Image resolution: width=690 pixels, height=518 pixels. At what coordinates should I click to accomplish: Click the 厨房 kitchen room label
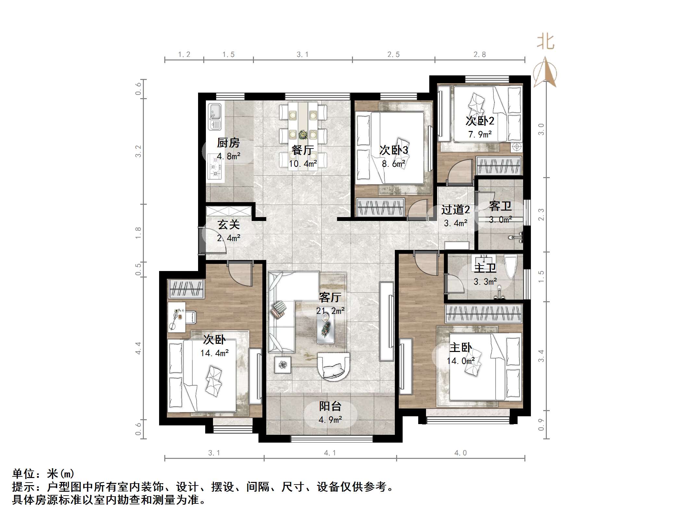[x=228, y=143]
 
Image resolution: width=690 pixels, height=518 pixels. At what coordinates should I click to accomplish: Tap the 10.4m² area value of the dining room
[x=303, y=164]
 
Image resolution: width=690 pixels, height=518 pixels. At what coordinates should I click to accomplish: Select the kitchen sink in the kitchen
[x=214, y=116]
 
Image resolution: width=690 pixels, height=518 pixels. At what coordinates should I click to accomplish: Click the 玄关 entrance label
[x=229, y=225]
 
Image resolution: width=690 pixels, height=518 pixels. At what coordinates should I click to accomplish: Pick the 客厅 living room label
[x=330, y=297]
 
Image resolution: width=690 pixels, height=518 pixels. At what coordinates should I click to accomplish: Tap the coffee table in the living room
[x=326, y=330]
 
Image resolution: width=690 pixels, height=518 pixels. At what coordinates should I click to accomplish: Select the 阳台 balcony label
[x=330, y=406]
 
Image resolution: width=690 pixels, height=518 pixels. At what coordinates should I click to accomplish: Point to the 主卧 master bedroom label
[x=460, y=347]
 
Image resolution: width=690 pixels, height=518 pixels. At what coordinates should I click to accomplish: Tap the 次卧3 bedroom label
[x=394, y=150]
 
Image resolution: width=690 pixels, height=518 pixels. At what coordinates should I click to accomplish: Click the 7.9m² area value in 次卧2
[x=480, y=134]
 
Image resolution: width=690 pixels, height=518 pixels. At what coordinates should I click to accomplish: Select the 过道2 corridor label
[x=455, y=210]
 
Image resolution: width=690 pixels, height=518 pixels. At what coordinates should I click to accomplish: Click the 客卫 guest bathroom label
[x=500, y=206]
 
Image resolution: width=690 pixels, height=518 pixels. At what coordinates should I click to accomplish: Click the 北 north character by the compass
[x=545, y=42]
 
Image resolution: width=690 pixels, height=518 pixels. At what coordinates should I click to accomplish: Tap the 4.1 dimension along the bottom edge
[x=330, y=453]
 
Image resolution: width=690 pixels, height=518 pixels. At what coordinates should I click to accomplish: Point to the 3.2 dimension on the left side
[x=139, y=151]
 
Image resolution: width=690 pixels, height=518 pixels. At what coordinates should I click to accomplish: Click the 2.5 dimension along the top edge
[x=393, y=55]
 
